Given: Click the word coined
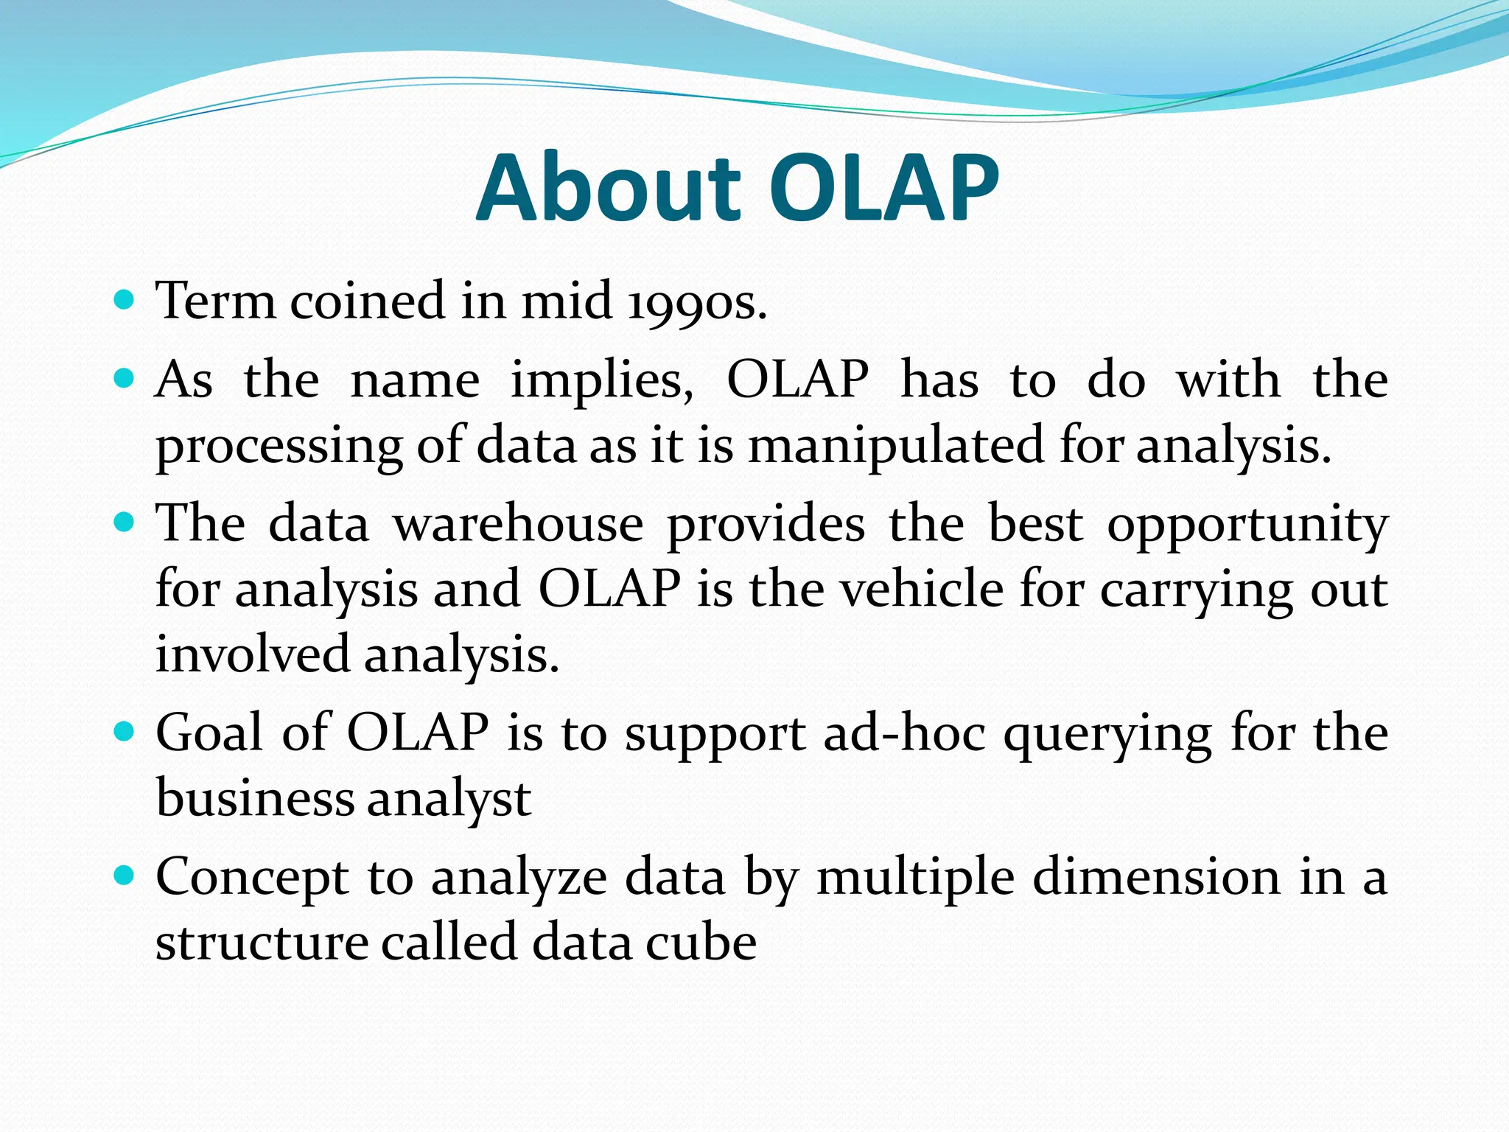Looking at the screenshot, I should (368, 302).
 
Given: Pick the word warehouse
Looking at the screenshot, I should (518, 524).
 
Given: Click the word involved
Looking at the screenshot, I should (253, 654).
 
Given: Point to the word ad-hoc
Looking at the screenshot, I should (905, 733).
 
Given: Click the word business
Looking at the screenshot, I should (256, 798).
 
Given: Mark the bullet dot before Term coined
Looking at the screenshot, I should (125, 300).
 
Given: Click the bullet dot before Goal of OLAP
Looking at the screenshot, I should (125, 731).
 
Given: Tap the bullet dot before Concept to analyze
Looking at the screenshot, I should (125, 876).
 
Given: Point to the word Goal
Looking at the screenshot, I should (209, 733).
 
